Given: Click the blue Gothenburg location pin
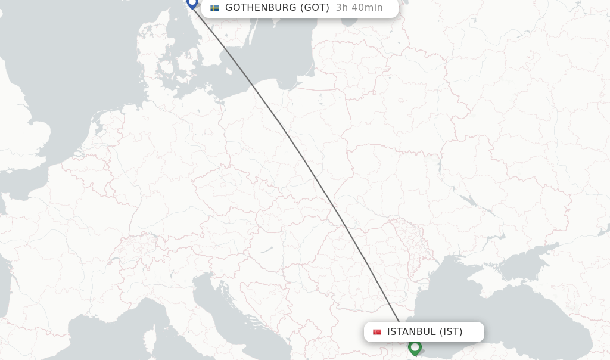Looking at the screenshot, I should pos(192,3).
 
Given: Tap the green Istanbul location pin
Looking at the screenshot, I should pos(415,347).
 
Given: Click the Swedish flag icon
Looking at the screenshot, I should pos(214,8).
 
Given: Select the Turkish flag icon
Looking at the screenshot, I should pos(377,332).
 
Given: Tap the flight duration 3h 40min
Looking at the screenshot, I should pos(359,8).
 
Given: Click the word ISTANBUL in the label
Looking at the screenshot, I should pos(411,332).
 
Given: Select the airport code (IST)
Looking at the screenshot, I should pos(451,332).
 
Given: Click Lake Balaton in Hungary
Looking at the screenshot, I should pos(266,249).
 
